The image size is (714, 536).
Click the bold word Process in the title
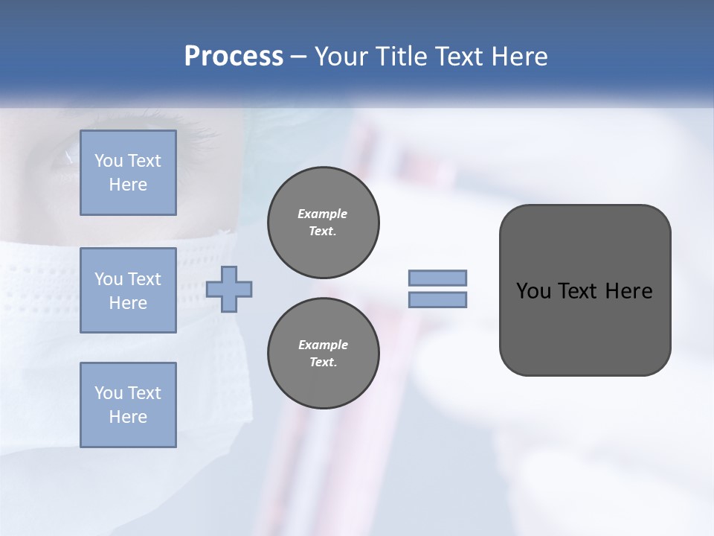click(x=234, y=57)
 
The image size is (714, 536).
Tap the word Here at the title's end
click(x=518, y=57)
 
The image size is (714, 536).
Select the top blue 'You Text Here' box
click(x=128, y=173)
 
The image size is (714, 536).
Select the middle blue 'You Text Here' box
click(x=128, y=290)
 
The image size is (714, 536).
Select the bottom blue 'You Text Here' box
click(x=128, y=404)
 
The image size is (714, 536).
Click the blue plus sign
click(x=228, y=289)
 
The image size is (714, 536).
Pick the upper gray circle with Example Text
click(x=323, y=222)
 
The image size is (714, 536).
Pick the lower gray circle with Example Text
click(x=323, y=353)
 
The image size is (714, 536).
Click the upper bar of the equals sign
click(x=437, y=278)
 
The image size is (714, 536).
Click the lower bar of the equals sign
click(x=437, y=299)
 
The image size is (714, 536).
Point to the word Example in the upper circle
click(x=323, y=214)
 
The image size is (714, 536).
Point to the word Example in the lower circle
click(x=323, y=345)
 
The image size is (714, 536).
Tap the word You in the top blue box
click(x=108, y=161)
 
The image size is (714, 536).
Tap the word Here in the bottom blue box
click(x=128, y=417)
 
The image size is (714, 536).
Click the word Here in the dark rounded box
click(x=628, y=291)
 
